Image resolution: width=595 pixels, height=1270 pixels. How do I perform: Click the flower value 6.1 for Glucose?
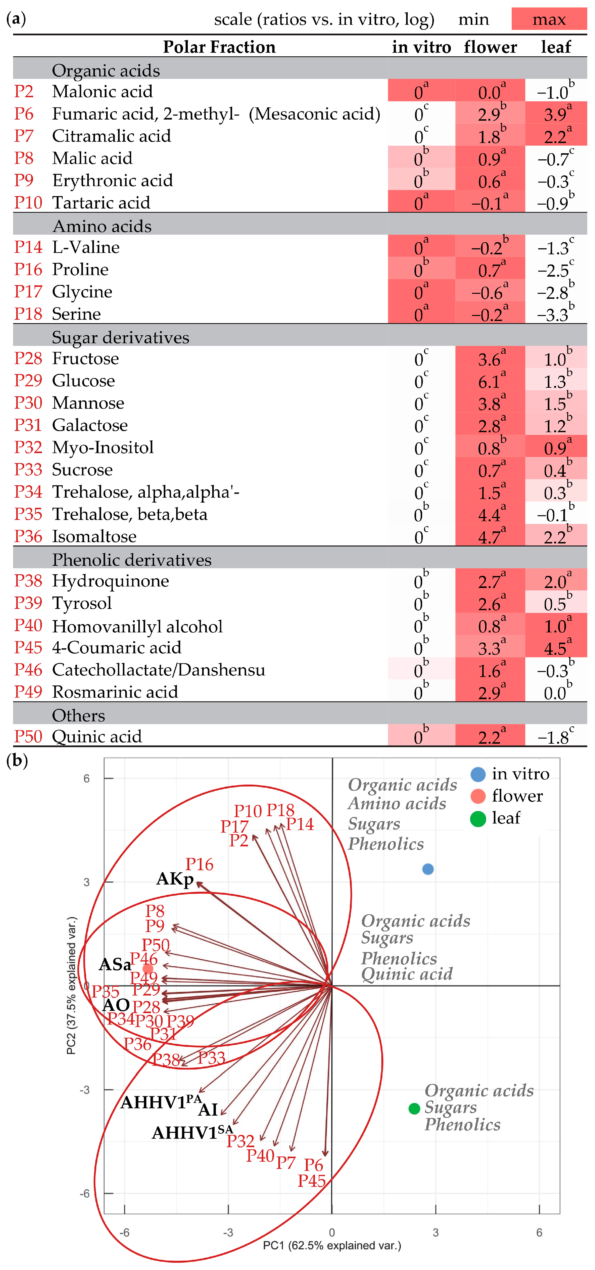490,381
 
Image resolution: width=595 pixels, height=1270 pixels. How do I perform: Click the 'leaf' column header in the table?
556,47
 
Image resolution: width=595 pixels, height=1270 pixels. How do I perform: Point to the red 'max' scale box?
549,19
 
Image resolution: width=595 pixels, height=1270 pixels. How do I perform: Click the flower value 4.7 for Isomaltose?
490,536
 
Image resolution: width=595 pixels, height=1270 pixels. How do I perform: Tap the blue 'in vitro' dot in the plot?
428,869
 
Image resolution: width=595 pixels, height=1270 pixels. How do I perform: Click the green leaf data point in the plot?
414,1109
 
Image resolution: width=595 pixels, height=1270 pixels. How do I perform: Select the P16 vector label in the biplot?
199,864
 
